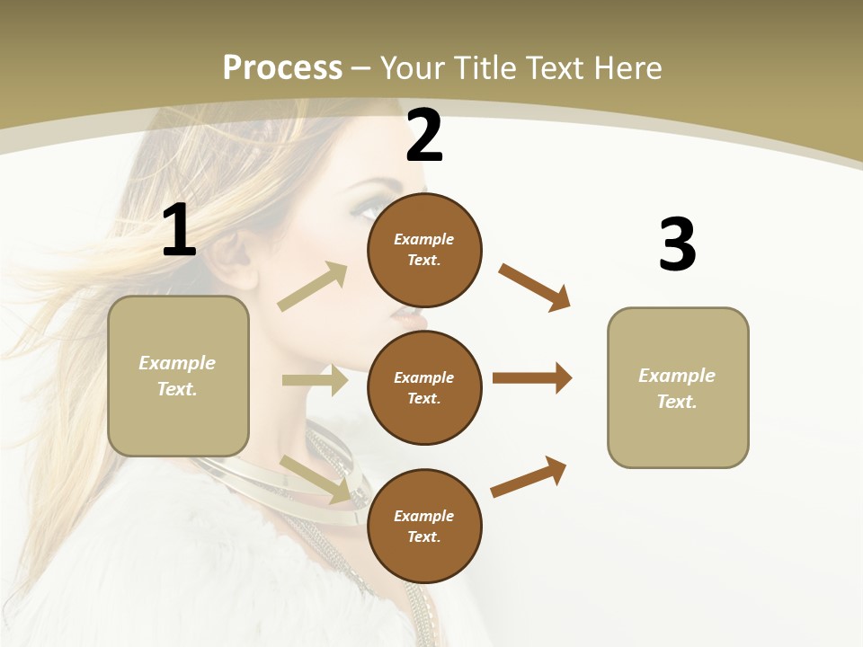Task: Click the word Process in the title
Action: (282, 68)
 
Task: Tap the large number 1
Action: (179, 231)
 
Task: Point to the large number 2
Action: (424, 137)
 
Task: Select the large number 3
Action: (677, 245)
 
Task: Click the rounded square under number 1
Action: (178, 376)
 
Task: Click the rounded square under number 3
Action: (678, 388)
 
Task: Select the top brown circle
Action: (424, 250)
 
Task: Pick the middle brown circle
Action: (424, 387)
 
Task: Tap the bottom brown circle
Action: (424, 526)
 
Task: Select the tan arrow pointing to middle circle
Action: (315, 380)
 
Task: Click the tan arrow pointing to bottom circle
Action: (315, 479)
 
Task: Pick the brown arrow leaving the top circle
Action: (535, 288)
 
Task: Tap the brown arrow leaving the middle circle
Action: (532, 378)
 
